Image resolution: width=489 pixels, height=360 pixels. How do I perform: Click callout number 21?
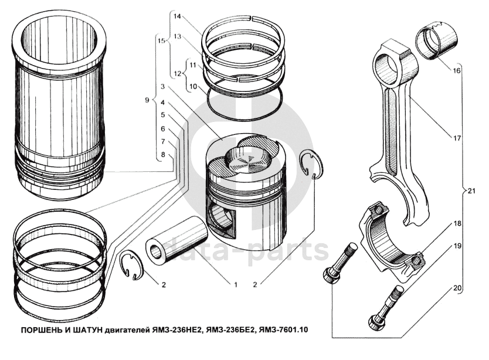point(471,190)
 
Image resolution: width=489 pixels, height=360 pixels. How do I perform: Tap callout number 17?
point(457,138)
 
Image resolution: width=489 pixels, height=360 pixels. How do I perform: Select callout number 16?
point(456,71)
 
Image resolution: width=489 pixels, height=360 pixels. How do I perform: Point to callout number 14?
point(177,16)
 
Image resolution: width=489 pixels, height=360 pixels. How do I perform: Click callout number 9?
point(147,100)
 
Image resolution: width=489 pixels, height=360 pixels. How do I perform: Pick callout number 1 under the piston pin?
point(236,284)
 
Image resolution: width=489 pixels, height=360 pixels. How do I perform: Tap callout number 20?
point(457,288)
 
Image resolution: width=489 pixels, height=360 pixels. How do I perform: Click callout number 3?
point(162,86)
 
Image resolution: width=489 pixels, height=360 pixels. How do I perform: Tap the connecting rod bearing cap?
point(391,237)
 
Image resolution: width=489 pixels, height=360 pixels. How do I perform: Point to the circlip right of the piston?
point(312,165)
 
